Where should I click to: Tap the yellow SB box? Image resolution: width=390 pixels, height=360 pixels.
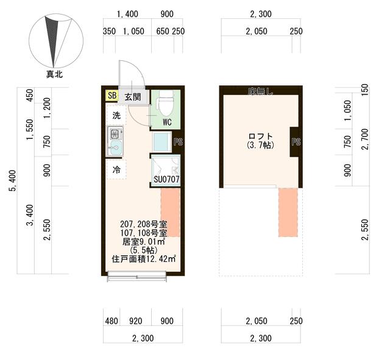click(x=112, y=96)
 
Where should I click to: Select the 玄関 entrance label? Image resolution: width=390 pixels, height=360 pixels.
click(x=132, y=96)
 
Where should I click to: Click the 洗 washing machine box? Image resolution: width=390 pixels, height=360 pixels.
click(x=116, y=115)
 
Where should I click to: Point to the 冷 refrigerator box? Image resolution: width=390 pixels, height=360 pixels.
click(x=116, y=170)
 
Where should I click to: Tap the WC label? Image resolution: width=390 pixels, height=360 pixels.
click(x=167, y=121)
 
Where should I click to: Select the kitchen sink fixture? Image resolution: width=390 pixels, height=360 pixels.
click(x=115, y=141)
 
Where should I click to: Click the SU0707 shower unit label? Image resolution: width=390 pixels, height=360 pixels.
click(x=166, y=180)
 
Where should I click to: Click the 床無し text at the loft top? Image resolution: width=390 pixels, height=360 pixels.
click(x=260, y=91)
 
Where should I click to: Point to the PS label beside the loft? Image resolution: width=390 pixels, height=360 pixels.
click(x=296, y=143)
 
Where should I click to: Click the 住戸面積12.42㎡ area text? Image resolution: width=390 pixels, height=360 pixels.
click(x=144, y=258)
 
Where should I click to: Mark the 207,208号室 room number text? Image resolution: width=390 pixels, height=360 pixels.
click(x=144, y=224)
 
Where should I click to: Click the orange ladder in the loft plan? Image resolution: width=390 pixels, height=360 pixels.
click(x=289, y=212)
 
